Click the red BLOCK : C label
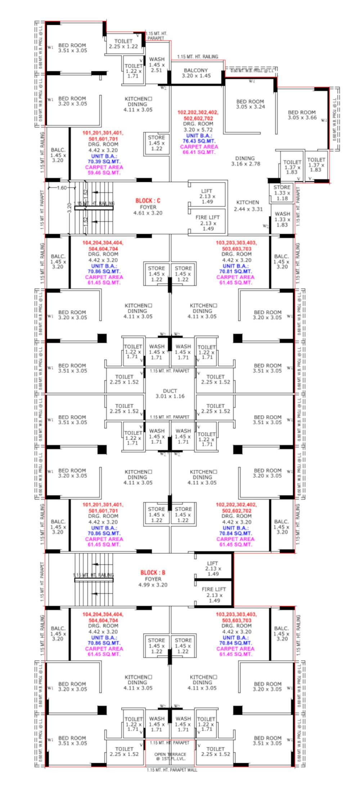point(148,201)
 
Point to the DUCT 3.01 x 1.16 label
point(170,393)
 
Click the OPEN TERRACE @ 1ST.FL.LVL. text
point(170,757)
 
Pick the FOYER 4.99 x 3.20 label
point(153,582)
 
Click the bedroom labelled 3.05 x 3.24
point(250,104)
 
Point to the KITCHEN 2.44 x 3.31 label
point(248,206)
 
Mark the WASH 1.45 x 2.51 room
point(157,64)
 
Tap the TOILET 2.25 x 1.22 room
point(123,44)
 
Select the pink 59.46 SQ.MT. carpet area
point(104,173)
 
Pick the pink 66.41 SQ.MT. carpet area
point(199,152)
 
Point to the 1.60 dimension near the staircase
point(62,188)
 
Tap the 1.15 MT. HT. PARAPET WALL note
point(172,770)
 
